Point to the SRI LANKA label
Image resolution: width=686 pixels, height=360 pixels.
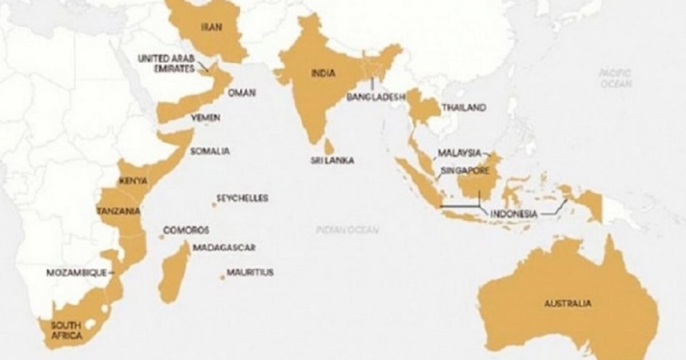tap(332, 161)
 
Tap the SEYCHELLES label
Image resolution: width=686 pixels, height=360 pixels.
tap(242, 198)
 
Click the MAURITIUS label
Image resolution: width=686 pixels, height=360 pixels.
tap(250, 273)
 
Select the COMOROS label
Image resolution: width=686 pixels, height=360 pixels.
tap(186, 230)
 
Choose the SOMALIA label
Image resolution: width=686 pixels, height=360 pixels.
tap(210, 151)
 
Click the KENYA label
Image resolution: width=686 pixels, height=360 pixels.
tap(133, 181)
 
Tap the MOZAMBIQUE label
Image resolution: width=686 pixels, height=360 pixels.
tap(76, 273)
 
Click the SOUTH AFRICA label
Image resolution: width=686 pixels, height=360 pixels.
tap(66, 330)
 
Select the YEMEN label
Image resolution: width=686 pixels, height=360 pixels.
tap(205, 118)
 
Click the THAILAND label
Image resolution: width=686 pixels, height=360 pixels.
tap(464, 107)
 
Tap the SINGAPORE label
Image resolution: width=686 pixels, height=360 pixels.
tap(464, 170)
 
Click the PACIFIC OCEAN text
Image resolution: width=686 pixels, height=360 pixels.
tap(616, 78)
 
